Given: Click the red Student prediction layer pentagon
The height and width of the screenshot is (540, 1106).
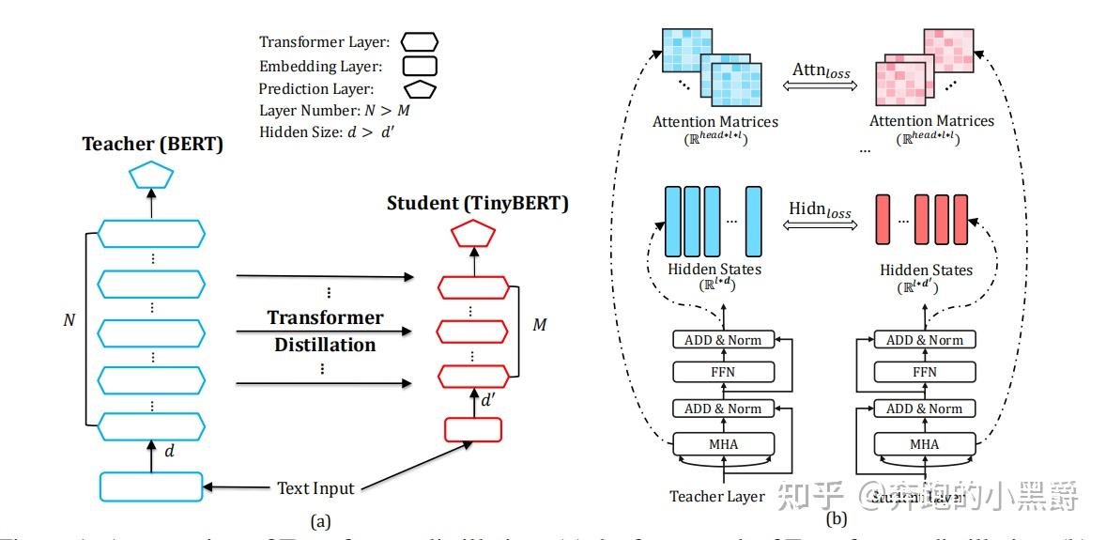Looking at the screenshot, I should [473, 234].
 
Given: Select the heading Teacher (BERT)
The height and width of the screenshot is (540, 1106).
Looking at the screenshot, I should [151, 144].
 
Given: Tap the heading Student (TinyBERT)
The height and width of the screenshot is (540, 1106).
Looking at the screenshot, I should [478, 203].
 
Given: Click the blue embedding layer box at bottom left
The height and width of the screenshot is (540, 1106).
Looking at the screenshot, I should [150, 486].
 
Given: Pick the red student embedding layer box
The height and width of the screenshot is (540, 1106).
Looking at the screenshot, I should [473, 428].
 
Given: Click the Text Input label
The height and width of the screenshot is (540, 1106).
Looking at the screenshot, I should [315, 488].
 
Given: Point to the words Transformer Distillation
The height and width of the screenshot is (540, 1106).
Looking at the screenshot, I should [325, 331].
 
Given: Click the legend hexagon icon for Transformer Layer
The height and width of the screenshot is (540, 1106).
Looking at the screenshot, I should [420, 42].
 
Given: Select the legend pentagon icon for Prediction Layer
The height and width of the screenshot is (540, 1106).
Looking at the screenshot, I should [420, 90].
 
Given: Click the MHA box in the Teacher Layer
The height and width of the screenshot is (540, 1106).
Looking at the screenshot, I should [723, 443].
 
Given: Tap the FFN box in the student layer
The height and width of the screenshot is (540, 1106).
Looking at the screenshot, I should [925, 373].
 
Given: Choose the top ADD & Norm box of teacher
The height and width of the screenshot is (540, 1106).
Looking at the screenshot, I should [723, 339].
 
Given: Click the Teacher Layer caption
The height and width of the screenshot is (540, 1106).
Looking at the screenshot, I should [717, 495].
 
